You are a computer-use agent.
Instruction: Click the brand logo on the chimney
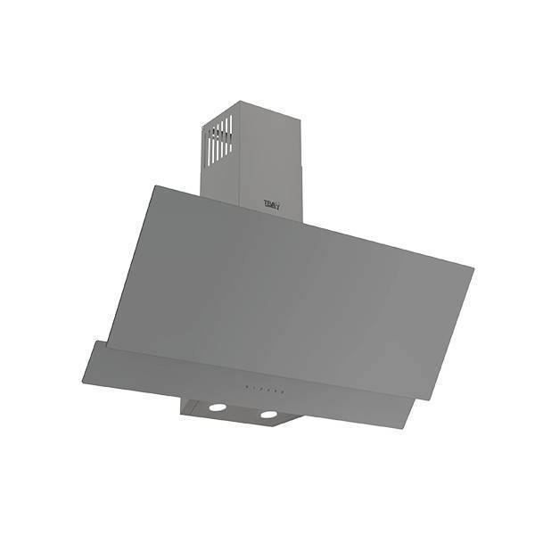(x=272, y=204)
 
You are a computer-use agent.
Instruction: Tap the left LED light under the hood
(x=217, y=407)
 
